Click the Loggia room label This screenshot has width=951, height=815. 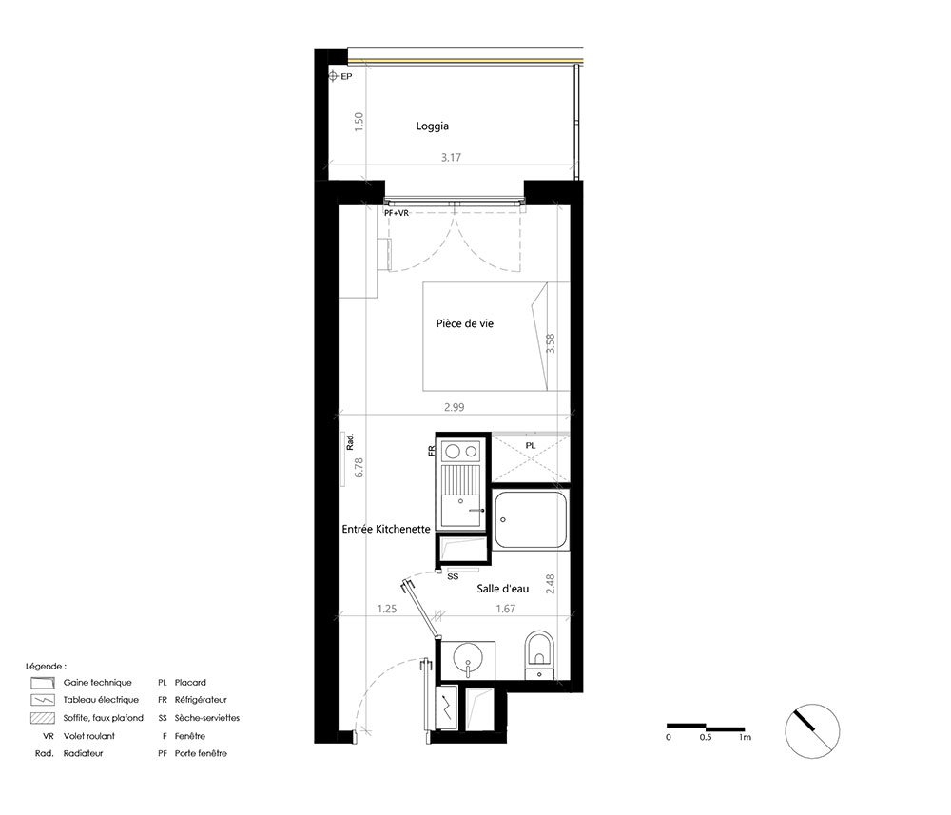[432, 126]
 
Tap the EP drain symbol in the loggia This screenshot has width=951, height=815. [333, 76]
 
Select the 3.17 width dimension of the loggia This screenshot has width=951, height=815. [451, 157]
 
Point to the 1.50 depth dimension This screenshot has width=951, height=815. [359, 122]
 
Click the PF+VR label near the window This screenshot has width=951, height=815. [397, 213]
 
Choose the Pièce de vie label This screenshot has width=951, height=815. [465, 324]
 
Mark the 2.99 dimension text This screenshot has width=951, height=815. [454, 407]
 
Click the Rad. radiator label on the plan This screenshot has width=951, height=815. [350, 442]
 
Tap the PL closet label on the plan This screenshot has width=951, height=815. [531, 446]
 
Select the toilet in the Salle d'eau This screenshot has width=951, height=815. [539, 655]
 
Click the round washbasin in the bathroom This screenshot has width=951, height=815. [468, 656]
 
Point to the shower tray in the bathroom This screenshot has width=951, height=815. [531, 519]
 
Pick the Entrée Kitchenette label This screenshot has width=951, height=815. [386, 529]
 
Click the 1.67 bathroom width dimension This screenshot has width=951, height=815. [505, 609]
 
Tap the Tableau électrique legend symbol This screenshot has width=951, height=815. [43, 700]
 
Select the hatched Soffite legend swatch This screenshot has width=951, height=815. [43, 718]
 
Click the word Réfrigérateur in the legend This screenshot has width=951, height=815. [201, 700]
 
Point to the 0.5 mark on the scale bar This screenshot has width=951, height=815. [706, 737]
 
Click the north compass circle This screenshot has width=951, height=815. [812, 730]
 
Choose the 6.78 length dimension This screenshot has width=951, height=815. [359, 467]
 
